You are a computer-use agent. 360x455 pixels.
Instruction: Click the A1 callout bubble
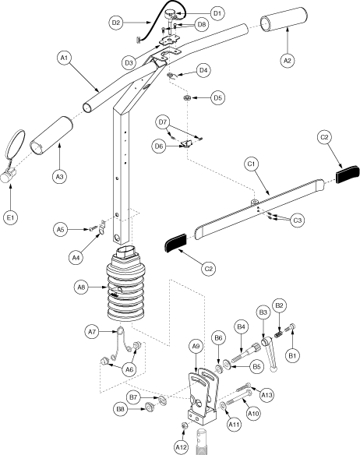pos(64,58)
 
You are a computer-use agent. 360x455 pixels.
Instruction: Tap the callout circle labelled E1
pos(11,217)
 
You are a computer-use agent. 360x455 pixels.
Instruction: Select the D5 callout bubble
pos(217,98)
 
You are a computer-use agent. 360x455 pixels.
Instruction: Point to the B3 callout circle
pos(263,312)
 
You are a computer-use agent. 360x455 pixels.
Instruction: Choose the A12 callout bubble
pos(182,447)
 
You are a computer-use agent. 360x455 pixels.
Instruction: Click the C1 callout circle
pos(251,164)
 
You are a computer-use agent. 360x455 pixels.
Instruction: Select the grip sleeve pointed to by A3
pos(51,136)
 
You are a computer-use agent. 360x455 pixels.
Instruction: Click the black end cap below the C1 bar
pos(175,242)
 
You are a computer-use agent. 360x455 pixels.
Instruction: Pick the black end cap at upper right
pos(348,174)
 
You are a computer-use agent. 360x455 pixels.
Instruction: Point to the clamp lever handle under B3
pos(269,353)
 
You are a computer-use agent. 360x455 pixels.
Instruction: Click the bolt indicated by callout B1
pos(291,327)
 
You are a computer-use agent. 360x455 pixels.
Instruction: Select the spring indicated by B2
pos(278,333)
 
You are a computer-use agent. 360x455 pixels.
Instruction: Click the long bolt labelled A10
pos(238,397)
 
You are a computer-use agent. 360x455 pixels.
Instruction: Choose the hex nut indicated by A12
pos(184,425)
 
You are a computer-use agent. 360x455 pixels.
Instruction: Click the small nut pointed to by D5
pos(188,97)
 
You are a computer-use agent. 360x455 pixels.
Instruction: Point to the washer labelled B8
pos(150,407)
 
